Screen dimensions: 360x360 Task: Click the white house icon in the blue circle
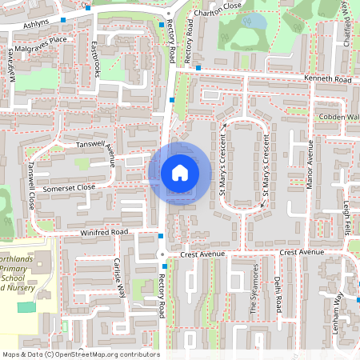coord(179,173)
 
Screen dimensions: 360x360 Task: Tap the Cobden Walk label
coord(341,117)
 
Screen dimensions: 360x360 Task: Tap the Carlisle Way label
coord(120,278)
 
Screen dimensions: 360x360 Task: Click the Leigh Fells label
coord(347,218)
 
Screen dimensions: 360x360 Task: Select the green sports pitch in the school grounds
coord(26,307)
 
